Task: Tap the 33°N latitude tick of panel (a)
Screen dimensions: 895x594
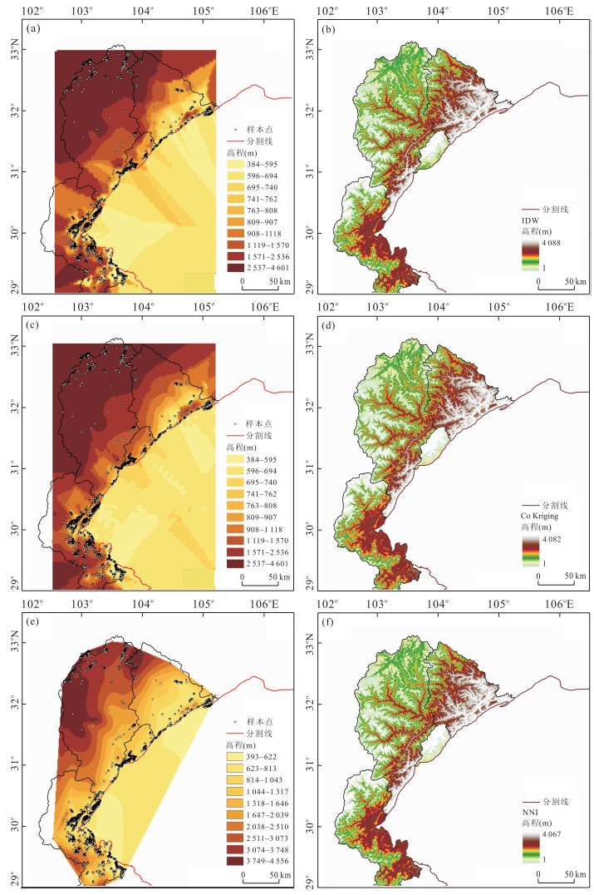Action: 23,51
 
